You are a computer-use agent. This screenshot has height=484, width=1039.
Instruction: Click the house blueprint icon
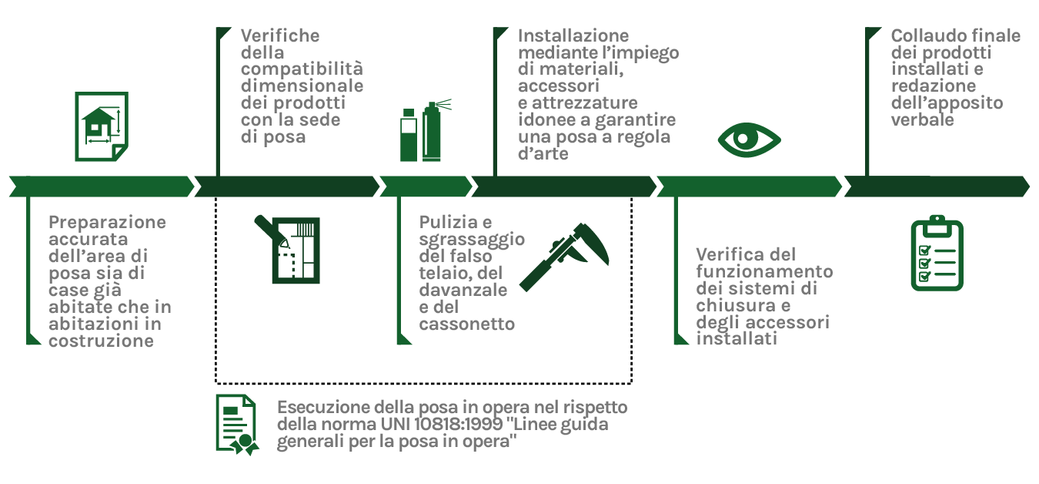pyautogui.click(x=101, y=126)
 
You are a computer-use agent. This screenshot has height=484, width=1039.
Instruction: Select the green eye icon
pyautogui.click(x=749, y=139)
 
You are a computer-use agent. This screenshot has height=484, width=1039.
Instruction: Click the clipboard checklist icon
pyautogui.click(x=937, y=254)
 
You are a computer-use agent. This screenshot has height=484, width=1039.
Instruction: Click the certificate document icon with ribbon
pyautogui.click(x=237, y=425)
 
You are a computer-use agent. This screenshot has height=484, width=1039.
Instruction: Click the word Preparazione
pyautogui.click(x=107, y=222)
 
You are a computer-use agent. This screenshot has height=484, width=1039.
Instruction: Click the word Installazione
pyautogui.click(x=573, y=35)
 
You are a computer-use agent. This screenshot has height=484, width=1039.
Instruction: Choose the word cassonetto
pyautogui.click(x=467, y=324)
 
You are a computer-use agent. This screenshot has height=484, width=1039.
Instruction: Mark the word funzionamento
pyautogui.click(x=764, y=271)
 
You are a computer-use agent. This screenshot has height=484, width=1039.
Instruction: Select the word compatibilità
pyautogui.click(x=302, y=69)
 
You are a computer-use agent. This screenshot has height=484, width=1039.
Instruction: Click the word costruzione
pyautogui.click(x=101, y=341)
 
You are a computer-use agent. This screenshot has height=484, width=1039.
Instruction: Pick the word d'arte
pyautogui.click(x=544, y=154)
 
